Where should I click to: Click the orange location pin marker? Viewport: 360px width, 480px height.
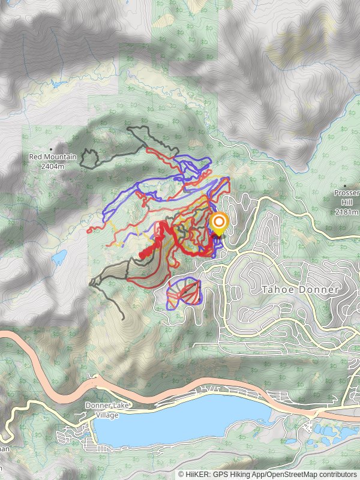[x=219, y=224]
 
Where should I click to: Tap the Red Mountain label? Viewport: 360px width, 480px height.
[x=53, y=157]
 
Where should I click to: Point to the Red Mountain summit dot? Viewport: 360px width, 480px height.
[x=52, y=149]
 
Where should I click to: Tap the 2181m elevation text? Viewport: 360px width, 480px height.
[x=347, y=212]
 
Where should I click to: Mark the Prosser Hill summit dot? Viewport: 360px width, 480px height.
[x=345, y=186]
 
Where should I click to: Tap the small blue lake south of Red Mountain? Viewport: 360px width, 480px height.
[x=59, y=257]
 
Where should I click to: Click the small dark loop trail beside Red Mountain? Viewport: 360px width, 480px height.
[x=90, y=159]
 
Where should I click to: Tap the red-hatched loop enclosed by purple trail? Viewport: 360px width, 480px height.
[x=183, y=293]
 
